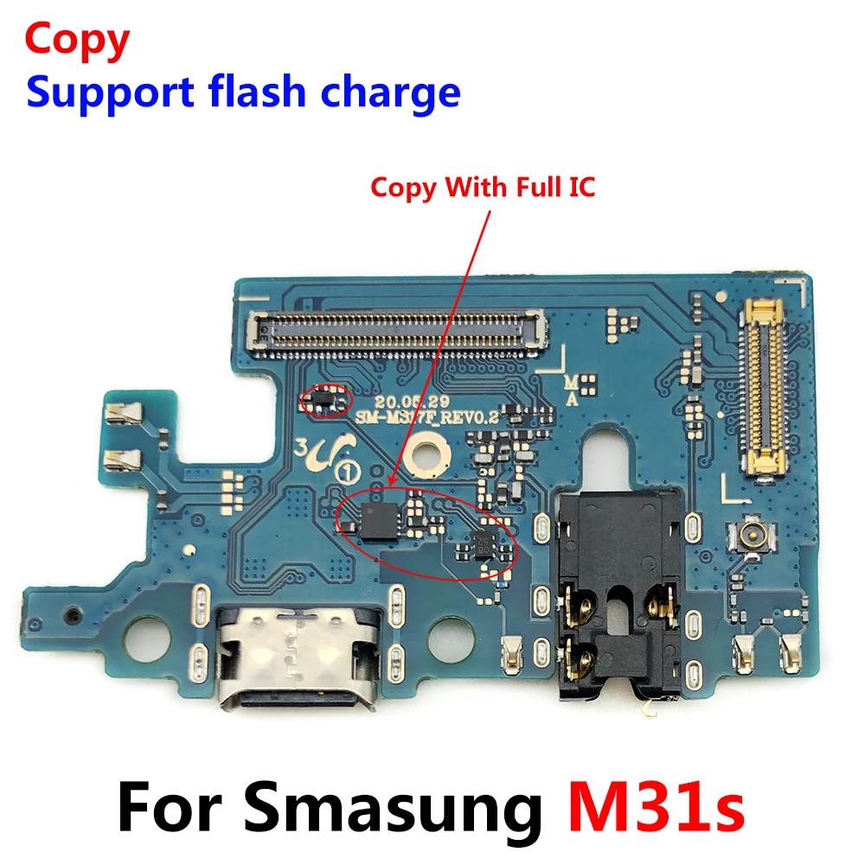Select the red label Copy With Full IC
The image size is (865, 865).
coord(483,187)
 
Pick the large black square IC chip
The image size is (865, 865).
coord(375,520)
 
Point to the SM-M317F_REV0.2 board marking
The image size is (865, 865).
coord(428,415)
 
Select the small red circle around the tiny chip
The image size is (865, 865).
coord(326,400)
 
